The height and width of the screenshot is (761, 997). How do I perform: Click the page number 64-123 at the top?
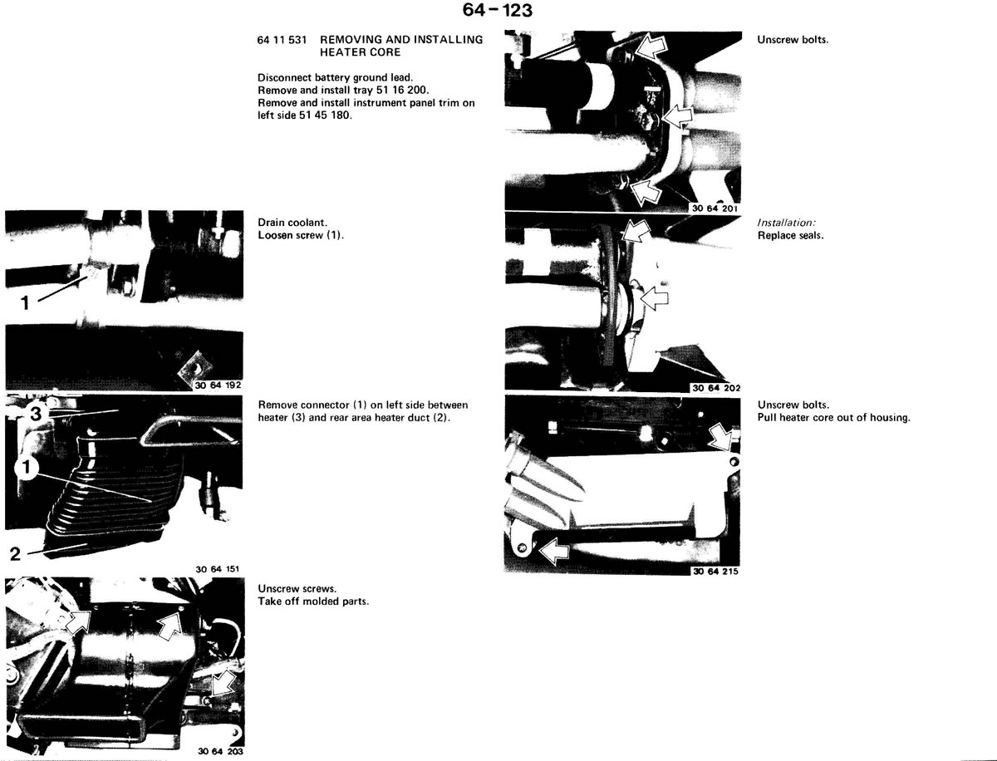[497, 10]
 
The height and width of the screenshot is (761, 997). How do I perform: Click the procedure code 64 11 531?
[282, 40]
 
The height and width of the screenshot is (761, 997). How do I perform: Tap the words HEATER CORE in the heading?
[361, 52]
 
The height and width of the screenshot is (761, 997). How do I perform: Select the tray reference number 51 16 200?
[402, 90]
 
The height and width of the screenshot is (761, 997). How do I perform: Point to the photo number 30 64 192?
[218, 385]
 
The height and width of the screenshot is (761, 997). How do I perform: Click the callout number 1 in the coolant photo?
[26, 303]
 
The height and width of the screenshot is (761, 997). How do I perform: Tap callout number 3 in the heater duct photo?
[37, 414]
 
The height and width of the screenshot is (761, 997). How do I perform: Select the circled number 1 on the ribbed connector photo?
[27, 468]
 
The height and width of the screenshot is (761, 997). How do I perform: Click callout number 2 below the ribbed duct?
[15, 553]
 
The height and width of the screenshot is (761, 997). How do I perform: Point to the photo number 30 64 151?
[217, 569]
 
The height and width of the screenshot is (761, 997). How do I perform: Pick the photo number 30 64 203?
[221, 752]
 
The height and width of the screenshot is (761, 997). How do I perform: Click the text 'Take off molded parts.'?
[313, 601]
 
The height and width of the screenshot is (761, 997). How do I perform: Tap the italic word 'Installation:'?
[786, 223]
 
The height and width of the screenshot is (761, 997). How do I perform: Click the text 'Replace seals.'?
[790, 236]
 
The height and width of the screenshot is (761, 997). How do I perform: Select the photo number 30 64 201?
[715, 209]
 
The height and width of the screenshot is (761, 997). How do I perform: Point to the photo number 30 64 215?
[715, 572]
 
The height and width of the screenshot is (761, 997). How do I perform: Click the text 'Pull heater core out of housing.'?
[834, 418]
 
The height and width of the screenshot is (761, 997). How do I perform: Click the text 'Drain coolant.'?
[292, 223]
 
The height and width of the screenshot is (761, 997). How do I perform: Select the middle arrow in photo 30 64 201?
[677, 116]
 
